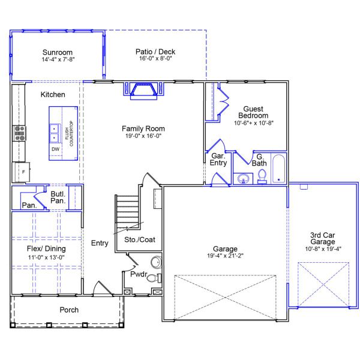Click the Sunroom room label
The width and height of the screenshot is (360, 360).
[58, 52]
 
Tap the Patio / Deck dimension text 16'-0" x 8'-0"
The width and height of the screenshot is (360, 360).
[155, 59]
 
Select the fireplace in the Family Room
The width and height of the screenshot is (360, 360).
[144, 91]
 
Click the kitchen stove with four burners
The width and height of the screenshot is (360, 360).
[20, 133]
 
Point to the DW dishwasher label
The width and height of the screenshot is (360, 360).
[55, 149]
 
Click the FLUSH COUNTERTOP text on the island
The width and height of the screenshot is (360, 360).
[69, 133]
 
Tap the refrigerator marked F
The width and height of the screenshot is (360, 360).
[22, 172]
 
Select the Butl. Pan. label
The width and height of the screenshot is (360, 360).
[58, 197]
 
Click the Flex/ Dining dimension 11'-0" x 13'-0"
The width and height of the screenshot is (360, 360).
[46, 257]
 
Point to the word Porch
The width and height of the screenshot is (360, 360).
[69, 310]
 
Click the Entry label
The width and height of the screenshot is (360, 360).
[100, 243]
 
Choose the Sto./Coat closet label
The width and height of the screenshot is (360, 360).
[140, 239]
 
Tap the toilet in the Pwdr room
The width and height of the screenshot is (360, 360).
[154, 278]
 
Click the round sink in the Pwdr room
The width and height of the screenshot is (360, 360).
[157, 262]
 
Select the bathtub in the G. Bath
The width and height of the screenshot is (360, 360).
[279, 169]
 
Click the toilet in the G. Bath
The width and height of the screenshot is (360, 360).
[262, 176]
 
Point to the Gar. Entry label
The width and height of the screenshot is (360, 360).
[218, 160]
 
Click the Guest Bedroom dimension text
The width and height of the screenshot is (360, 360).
[253, 123]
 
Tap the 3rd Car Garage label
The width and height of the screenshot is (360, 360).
[323, 238]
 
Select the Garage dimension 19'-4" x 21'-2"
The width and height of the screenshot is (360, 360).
[225, 256]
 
